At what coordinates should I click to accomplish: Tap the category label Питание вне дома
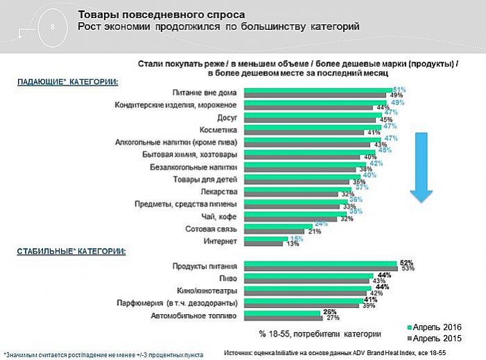206,92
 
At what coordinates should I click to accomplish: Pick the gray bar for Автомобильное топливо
280,318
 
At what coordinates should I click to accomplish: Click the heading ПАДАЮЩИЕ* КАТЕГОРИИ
67,81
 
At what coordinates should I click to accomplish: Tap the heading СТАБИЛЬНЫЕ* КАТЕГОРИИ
71,251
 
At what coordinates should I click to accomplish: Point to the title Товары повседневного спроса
160,14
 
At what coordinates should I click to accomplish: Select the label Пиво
229,277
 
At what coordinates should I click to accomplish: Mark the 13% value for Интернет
293,243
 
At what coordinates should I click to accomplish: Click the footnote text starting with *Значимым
103,354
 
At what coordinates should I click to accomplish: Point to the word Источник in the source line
238,354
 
